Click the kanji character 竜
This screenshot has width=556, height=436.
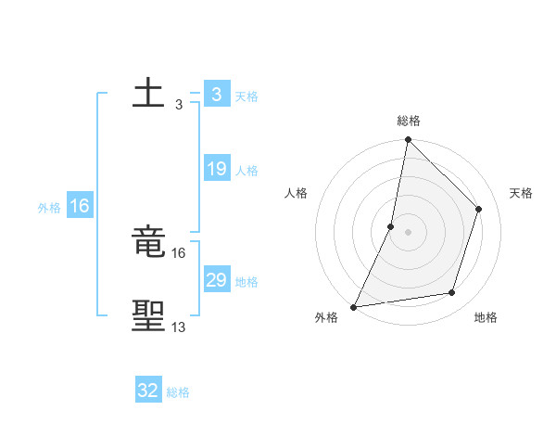coord(148,244)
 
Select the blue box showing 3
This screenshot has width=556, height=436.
coord(216,95)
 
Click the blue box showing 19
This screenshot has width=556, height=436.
coord(216,169)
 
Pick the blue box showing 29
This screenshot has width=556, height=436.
coord(216,280)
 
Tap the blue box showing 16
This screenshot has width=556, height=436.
coord(79,206)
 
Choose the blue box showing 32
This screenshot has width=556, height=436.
coord(148,391)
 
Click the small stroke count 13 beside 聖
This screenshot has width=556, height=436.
coord(178,327)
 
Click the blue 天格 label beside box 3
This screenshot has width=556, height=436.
coord(246,96)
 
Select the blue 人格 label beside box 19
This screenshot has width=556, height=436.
coord(246,171)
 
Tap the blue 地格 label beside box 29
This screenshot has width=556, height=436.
coord(246,282)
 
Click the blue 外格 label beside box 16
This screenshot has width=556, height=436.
coord(49,208)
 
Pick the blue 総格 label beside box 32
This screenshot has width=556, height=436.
coord(179,392)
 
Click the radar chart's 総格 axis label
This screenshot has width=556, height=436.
coord(408,121)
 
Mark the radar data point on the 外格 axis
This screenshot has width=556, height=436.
coord(354,306)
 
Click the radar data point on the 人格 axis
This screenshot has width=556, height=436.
coord(391,226)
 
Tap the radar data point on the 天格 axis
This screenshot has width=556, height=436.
coord(479,209)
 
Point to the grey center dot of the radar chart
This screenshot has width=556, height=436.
coord(408,232)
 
